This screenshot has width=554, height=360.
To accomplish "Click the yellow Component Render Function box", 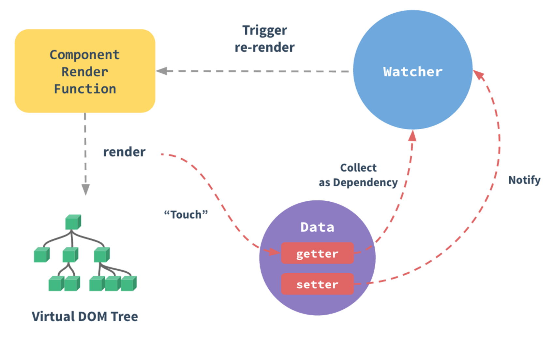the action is [x=85, y=71].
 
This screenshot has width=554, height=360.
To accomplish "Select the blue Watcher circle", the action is [x=413, y=70].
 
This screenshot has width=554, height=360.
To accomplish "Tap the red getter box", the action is [x=317, y=253].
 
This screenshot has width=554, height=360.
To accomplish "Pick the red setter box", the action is [x=317, y=284].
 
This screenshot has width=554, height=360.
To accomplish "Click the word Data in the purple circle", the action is [x=317, y=227].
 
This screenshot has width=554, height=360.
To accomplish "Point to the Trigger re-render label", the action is [x=265, y=39].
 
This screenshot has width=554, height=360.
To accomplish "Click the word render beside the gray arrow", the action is [x=125, y=152].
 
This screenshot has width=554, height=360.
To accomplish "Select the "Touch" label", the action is [x=186, y=214].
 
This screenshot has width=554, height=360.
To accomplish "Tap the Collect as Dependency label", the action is [x=358, y=175].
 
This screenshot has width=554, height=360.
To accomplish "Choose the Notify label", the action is [x=524, y=180].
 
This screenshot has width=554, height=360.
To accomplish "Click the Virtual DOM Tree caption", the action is [x=85, y=317].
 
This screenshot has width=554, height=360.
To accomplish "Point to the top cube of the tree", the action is [x=73, y=222].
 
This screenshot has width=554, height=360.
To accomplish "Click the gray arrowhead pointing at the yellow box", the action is [x=161, y=71].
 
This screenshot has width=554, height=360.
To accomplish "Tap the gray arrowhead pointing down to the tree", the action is [x=85, y=190].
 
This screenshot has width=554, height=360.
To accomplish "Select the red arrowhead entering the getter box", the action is [x=275, y=252].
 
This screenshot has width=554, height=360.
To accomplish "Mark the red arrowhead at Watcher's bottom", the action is [x=412, y=136].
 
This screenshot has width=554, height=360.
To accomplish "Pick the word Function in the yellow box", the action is [x=85, y=89].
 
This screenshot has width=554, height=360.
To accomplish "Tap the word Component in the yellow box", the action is [x=85, y=55].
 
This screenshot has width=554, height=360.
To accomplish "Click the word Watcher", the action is [x=413, y=72].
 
